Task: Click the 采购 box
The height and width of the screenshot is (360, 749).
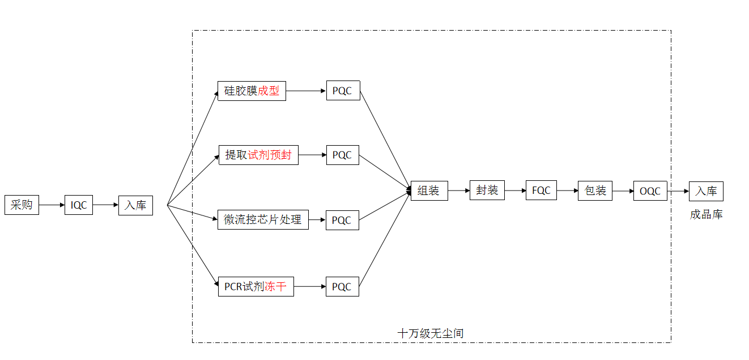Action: click(22, 205)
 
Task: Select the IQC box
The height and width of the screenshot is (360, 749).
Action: click(79, 205)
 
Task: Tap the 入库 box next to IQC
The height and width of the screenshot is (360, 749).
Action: click(135, 205)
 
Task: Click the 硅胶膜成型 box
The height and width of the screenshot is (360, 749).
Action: click(252, 91)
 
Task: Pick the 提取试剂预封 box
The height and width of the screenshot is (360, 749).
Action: click(258, 155)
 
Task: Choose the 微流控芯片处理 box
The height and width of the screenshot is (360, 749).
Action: click(263, 220)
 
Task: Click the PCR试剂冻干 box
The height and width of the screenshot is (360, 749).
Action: click(256, 286)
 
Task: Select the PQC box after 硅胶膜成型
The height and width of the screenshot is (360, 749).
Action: click(343, 91)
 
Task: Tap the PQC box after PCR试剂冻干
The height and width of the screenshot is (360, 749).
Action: click(342, 286)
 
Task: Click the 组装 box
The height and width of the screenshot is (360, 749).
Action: click(429, 191)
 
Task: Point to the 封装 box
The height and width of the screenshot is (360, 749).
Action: click(487, 190)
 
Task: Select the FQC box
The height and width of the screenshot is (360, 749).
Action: click(541, 190)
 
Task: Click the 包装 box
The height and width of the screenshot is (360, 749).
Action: click(595, 191)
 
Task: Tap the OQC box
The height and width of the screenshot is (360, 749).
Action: click(650, 191)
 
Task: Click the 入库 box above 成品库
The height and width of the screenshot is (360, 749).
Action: click(706, 191)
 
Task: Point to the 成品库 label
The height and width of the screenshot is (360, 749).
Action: click(706, 214)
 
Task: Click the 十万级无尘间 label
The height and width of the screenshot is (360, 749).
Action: click(431, 333)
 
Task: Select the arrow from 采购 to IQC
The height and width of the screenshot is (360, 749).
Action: click(52, 205)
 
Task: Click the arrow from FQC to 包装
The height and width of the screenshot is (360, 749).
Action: click(567, 191)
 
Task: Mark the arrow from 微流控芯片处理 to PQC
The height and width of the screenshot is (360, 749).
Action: click(317, 220)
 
